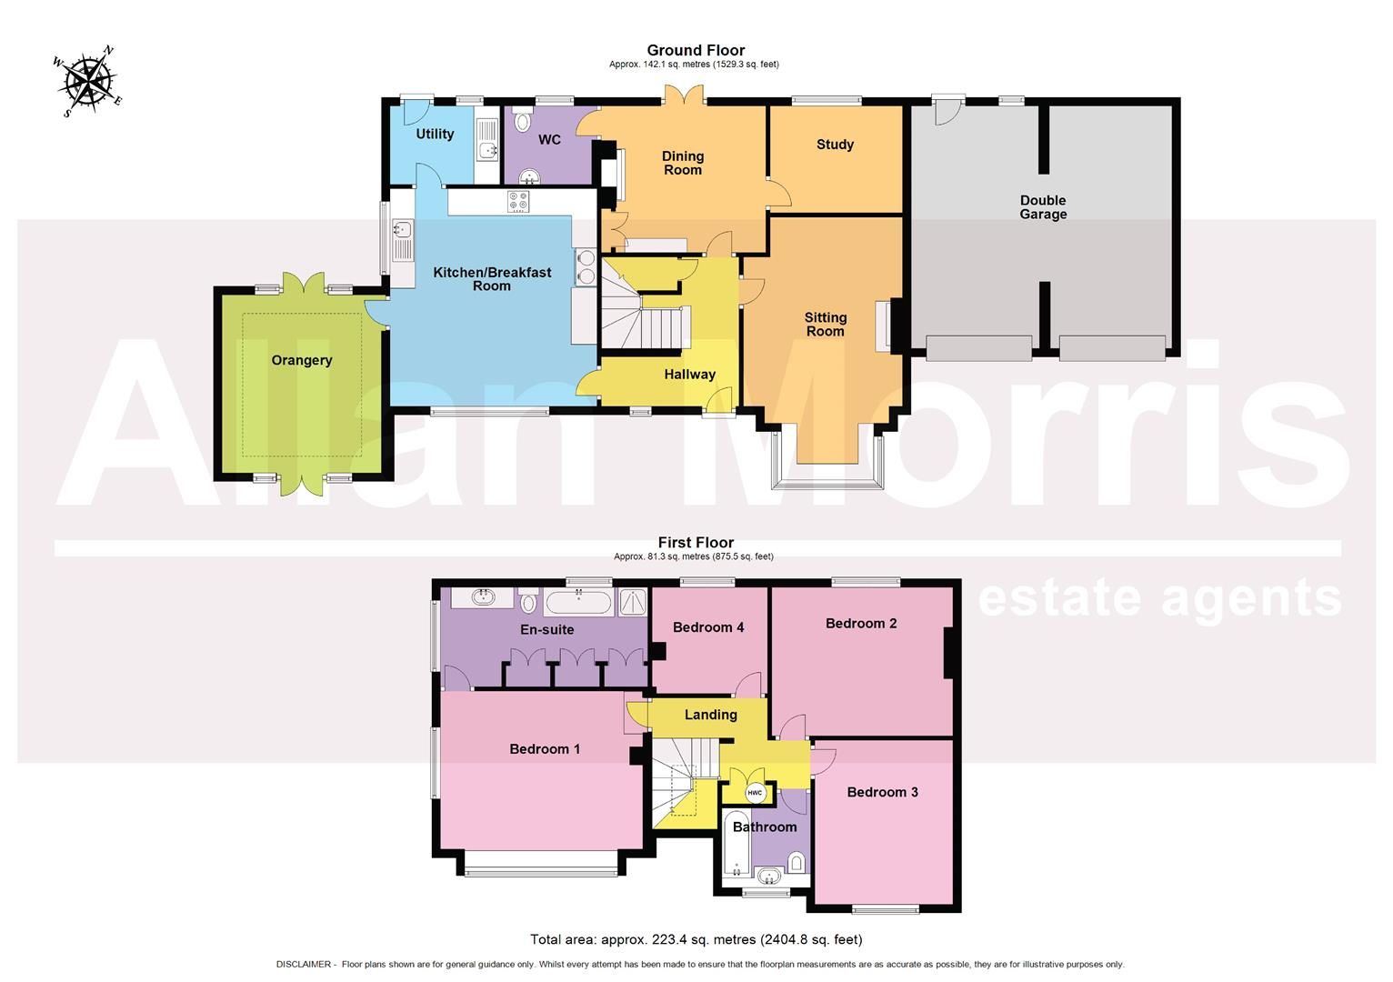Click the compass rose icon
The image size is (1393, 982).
tap(88, 81)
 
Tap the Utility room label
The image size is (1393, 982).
tap(435, 134)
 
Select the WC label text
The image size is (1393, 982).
tap(549, 139)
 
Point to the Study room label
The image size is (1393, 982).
tap(835, 145)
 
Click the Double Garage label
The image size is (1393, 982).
tap(1043, 207)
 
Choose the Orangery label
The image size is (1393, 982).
tap(302, 360)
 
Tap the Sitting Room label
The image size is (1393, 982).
tap(826, 325)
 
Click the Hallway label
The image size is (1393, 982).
tap(689, 375)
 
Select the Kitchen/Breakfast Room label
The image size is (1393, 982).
tap(492, 279)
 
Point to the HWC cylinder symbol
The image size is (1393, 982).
tap(755, 793)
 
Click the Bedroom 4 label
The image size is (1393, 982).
tap(708, 627)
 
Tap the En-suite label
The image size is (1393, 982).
tap(546, 629)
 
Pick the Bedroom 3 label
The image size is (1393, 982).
tap(882, 792)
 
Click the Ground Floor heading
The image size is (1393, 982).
tap(696, 51)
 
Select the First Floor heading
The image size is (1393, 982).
tap(696, 543)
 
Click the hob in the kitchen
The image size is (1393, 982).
tap(519, 201)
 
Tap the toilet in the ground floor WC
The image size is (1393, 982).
tap(524, 123)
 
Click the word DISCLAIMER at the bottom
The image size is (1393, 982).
tap(304, 964)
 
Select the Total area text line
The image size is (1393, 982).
tap(696, 939)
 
